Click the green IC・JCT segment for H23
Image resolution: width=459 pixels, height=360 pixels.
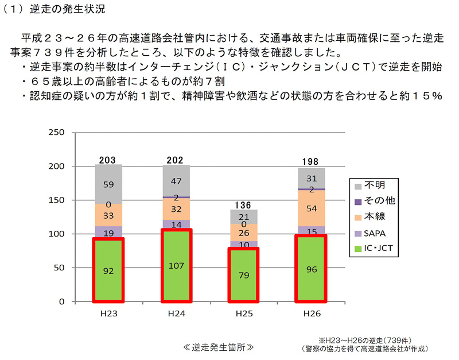click(x=108, y=270)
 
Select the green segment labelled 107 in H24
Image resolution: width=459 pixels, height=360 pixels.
click(x=176, y=265)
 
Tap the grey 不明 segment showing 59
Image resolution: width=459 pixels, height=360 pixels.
click(x=108, y=185)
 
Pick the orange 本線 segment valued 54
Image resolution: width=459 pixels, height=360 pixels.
click(x=312, y=208)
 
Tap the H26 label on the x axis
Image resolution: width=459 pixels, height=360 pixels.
click(x=312, y=315)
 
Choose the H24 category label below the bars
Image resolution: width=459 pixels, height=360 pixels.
click(x=176, y=315)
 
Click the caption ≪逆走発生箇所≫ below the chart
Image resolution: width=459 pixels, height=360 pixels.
click(x=218, y=347)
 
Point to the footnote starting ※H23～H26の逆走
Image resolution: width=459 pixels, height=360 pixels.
click(x=367, y=339)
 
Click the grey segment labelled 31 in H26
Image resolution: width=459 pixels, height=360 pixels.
click(x=312, y=178)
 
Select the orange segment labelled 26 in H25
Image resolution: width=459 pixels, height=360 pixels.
click(x=244, y=233)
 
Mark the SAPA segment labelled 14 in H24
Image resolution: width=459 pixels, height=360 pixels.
click(x=176, y=224)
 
